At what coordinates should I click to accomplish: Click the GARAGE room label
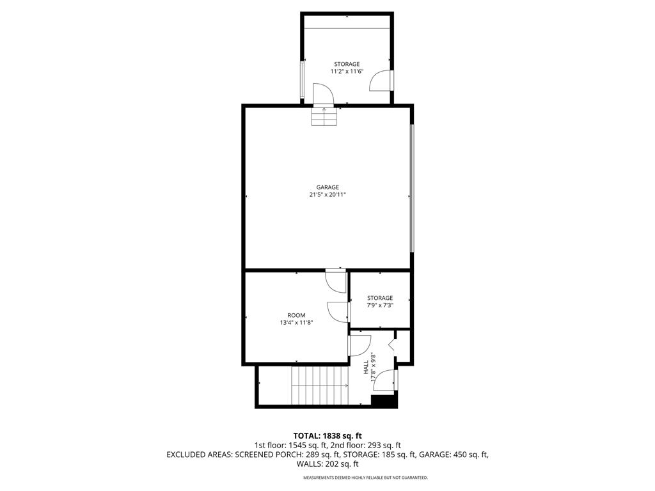[x=327, y=187]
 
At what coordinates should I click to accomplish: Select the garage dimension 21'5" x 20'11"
[x=327, y=195]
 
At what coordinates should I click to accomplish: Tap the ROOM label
[x=296, y=315]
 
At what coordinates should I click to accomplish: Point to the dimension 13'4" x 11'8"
[x=296, y=323]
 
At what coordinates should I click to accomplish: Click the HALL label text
[x=366, y=368]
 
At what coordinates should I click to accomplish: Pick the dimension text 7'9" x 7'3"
[x=380, y=306]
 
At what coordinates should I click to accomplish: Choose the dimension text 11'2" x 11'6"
[x=347, y=72]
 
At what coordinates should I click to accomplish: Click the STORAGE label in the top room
[x=347, y=64]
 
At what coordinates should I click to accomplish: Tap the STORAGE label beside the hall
[x=380, y=298]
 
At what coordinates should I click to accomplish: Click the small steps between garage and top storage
[x=324, y=116]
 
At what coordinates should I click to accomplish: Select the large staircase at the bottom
[x=319, y=386]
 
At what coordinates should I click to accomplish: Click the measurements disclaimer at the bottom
[x=365, y=478]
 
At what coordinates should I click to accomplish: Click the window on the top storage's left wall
[x=303, y=80]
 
